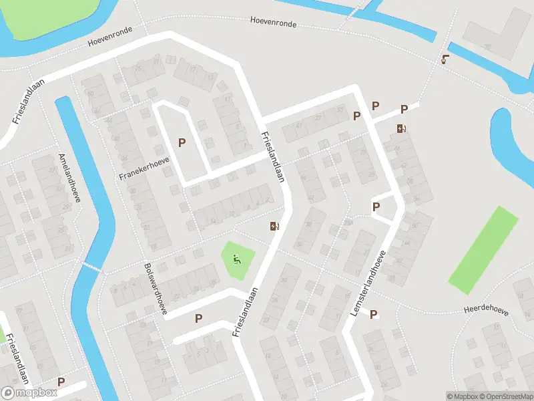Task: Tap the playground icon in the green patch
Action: coord(236,259)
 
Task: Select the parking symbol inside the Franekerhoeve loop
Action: coord(182,142)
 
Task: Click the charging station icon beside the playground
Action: coord(274,226)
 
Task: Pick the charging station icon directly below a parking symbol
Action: coord(400,129)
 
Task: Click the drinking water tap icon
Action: coord(445,59)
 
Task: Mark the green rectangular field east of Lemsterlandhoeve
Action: coord(483,249)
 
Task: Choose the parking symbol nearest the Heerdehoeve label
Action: coord(374,314)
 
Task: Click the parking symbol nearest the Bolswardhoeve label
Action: coord(198,319)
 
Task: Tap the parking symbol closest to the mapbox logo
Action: coord(61,382)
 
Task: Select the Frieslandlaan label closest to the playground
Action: coord(245,312)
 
